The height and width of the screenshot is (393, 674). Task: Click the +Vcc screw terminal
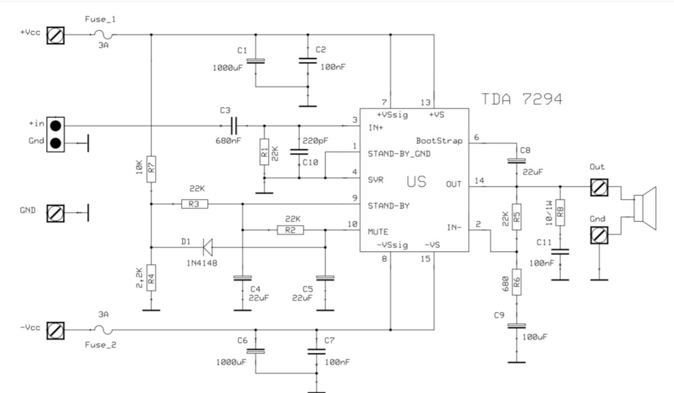(56, 35)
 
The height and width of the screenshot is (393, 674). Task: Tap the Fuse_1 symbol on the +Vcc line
(103, 35)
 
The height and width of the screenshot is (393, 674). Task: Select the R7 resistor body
(151, 169)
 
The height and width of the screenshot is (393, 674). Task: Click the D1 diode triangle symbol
(208, 247)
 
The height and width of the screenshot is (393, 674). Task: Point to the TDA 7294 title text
(522, 99)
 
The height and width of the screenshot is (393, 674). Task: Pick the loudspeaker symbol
(645, 208)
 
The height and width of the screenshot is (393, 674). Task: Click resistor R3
(194, 204)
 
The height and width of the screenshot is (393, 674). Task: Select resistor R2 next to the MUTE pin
(290, 230)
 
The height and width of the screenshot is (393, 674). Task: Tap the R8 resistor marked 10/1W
(560, 212)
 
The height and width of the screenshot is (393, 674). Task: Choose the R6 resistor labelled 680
(517, 282)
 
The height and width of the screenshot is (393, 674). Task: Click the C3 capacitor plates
(234, 126)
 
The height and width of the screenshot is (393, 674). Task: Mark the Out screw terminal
(599, 188)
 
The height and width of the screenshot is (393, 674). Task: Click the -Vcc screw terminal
(56, 331)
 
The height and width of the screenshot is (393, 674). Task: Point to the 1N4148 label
(202, 263)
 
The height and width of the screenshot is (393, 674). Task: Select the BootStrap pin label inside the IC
(439, 141)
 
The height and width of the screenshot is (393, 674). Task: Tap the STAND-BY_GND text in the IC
(399, 154)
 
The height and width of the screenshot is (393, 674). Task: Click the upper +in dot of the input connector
(56, 126)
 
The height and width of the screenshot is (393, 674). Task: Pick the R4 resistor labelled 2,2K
(151, 278)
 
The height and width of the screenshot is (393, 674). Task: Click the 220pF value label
(315, 141)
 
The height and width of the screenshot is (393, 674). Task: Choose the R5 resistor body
(517, 217)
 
